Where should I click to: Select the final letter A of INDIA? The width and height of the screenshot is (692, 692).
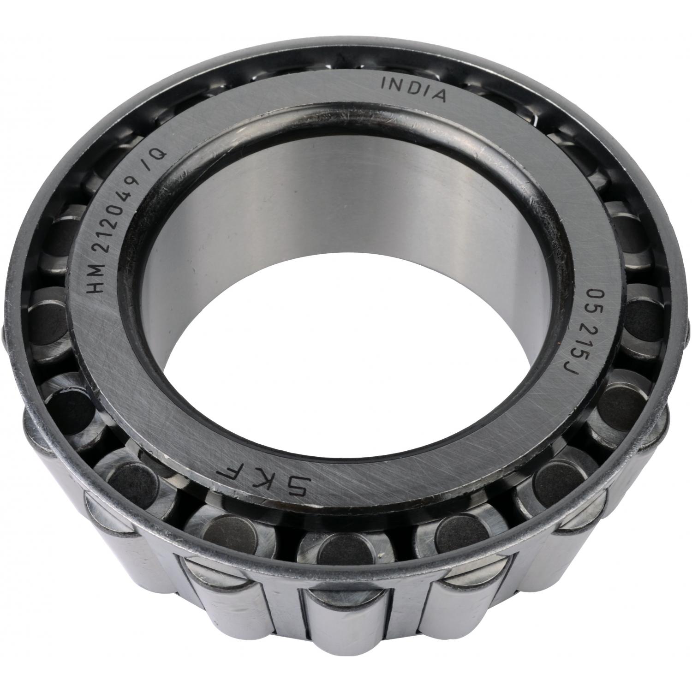tap(439, 95)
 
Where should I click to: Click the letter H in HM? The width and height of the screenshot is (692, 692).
tap(98, 286)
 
